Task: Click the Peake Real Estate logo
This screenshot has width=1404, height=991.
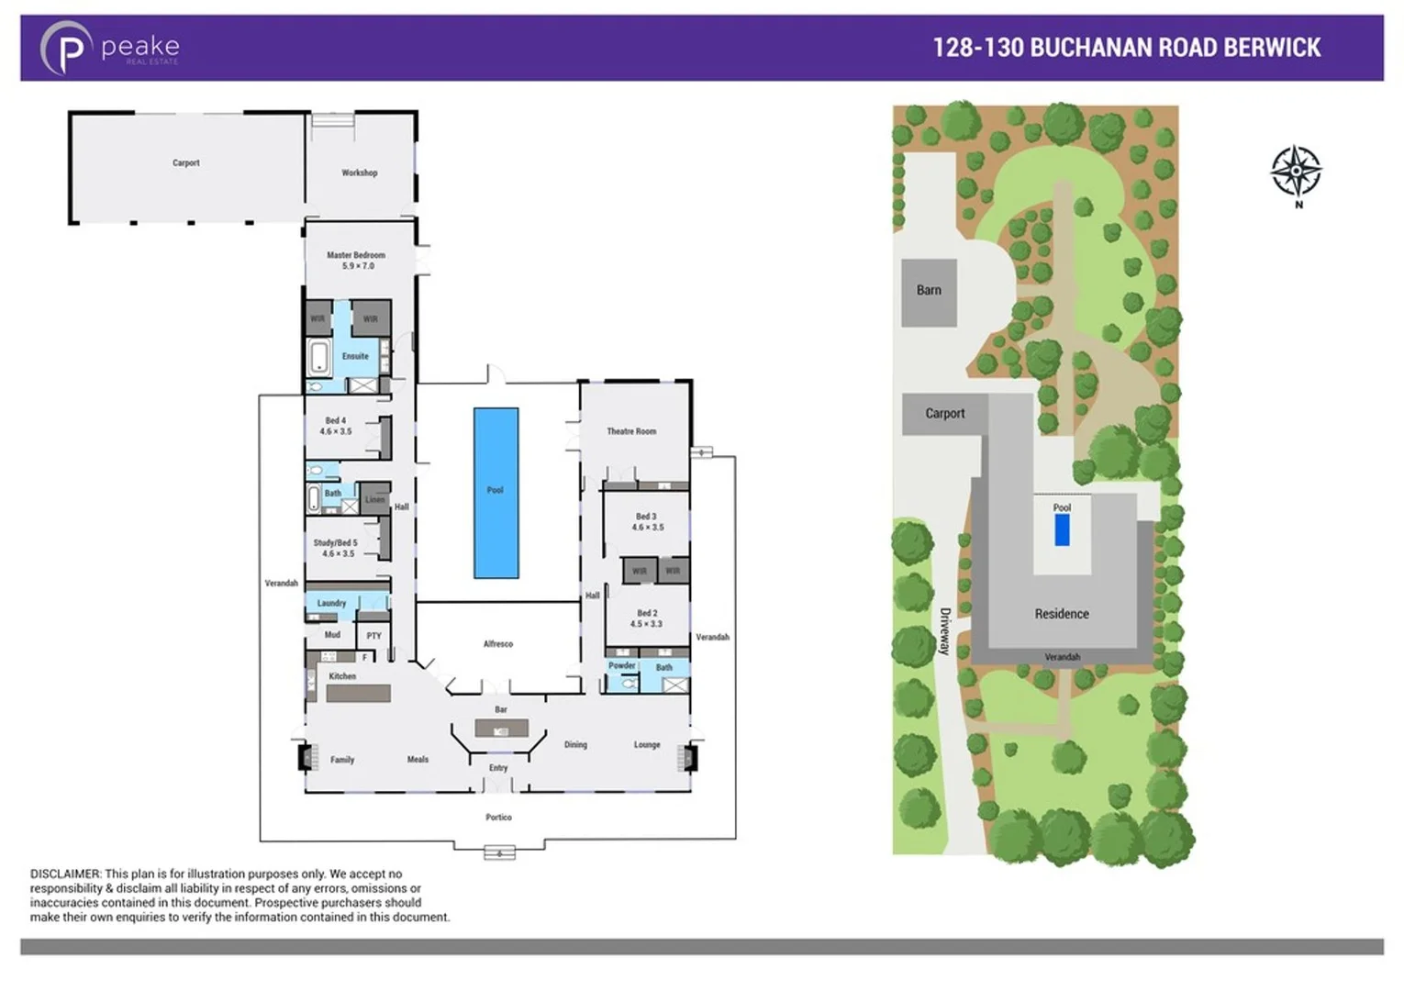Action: (x=109, y=48)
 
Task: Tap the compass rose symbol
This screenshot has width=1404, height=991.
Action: (x=1295, y=171)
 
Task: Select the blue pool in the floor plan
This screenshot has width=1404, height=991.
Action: (x=496, y=493)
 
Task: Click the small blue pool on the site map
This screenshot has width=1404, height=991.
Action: (x=1062, y=530)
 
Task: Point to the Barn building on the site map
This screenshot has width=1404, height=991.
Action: (x=929, y=292)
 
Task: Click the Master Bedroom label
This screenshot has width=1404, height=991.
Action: (x=356, y=255)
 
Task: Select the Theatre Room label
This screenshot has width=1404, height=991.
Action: (x=631, y=431)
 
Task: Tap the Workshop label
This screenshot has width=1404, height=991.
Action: (x=360, y=173)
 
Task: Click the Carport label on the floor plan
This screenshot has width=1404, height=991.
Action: (x=186, y=163)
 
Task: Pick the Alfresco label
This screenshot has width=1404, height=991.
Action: (x=498, y=644)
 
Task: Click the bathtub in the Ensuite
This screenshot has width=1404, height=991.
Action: (x=319, y=356)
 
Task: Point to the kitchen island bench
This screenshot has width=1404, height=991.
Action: (x=358, y=694)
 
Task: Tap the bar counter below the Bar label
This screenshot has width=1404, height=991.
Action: (x=501, y=729)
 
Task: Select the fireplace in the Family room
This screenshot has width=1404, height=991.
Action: (x=303, y=758)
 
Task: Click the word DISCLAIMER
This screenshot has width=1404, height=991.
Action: (x=65, y=874)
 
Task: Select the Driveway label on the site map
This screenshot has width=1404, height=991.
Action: (x=944, y=631)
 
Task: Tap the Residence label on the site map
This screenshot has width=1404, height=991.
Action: (x=1062, y=614)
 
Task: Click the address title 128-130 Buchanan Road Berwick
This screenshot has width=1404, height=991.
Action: (x=1126, y=48)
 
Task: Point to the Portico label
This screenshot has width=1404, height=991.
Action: (x=498, y=818)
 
